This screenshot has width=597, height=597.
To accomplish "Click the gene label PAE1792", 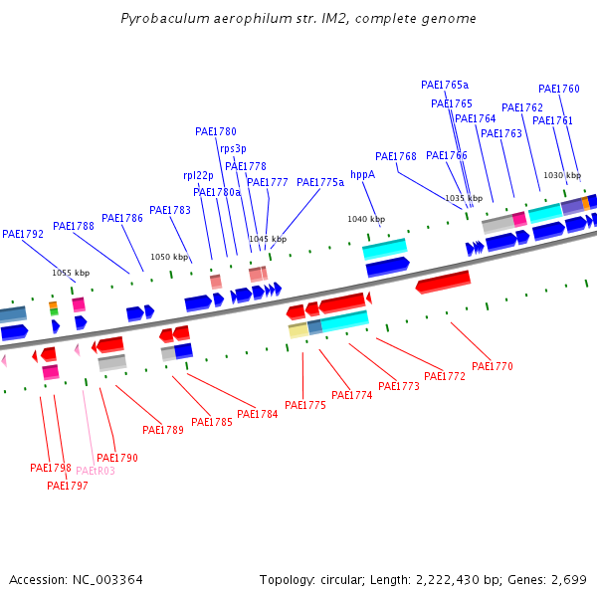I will pos(23,235).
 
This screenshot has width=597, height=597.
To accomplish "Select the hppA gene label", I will pos(363,174).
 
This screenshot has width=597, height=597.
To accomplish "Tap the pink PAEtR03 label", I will pos(96,471).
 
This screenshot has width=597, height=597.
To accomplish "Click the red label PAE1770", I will pos(493,366).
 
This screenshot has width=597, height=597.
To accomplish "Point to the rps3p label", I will pos(234,148).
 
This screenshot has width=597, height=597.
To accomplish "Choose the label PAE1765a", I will pos(445,86).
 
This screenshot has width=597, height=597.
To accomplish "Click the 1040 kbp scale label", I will pos(365,219).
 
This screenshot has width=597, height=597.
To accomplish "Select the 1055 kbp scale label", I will pos(71,273).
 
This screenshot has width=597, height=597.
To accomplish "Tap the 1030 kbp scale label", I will pos(561,175).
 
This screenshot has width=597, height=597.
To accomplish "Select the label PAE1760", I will pos(559,90).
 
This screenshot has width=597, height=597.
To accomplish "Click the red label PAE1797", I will pos(68,486).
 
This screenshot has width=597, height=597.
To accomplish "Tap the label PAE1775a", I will pos(320,182).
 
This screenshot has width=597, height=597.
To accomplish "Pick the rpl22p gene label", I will pos(198,175).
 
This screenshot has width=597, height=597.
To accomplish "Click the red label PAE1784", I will pos(258,414).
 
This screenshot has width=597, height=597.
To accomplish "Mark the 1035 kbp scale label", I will pos(464,198).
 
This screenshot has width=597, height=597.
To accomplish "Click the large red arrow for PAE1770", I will pos(443,283).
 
